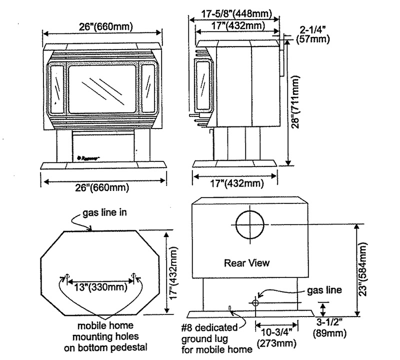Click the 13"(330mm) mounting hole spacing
(x=99, y=287)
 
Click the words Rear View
(x=246, y=262)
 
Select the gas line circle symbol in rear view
(x=255, y=302)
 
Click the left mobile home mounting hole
(x=66, y=276)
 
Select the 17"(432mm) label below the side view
(x=235, y=184)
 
